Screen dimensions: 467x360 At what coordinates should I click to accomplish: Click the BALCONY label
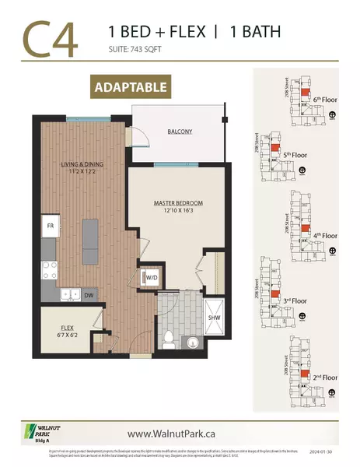click(180, 132)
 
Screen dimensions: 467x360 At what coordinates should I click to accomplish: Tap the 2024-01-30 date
click(323, 451)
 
